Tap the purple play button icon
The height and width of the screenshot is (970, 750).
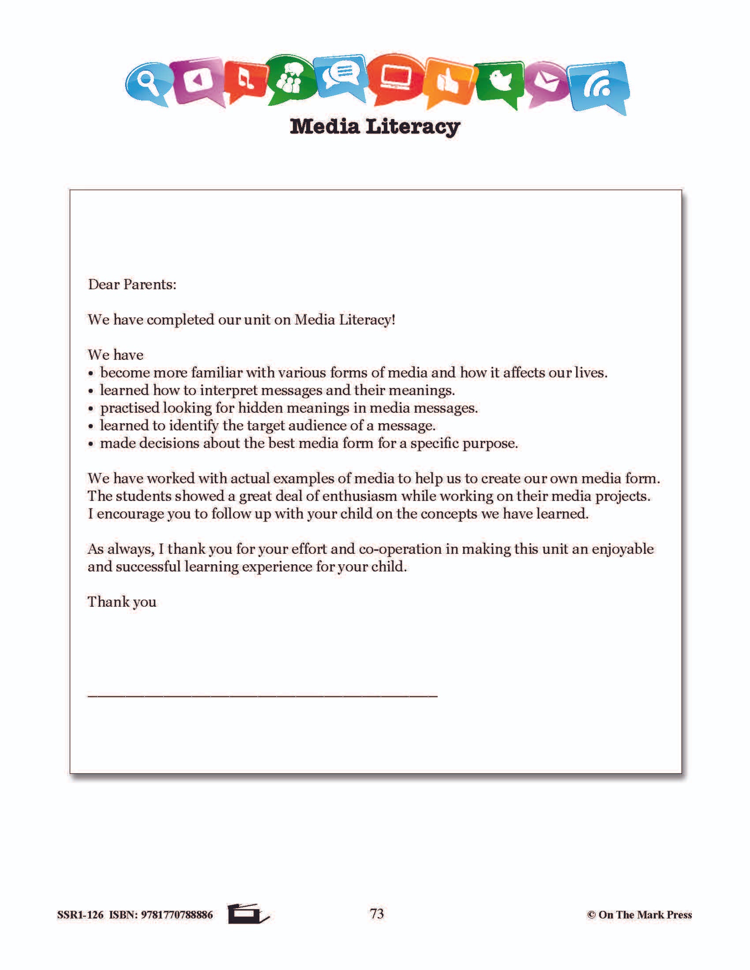[197, 80]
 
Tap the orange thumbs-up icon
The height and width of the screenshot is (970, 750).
[448, 82]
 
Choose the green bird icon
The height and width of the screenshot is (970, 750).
[499, 82]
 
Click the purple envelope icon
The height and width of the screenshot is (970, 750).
[546, 83]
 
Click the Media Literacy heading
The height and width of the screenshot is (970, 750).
[375, 127]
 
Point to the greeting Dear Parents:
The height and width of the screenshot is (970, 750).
[132, 284]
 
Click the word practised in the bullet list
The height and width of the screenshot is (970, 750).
[129, 408]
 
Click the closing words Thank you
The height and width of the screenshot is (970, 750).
[122, 602]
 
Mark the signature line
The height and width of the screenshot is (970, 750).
[262, 696]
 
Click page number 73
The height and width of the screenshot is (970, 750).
[377, 913]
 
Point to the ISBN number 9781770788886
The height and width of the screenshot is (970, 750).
[176, 914]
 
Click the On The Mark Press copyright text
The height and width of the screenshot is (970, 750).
[639, 914]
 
